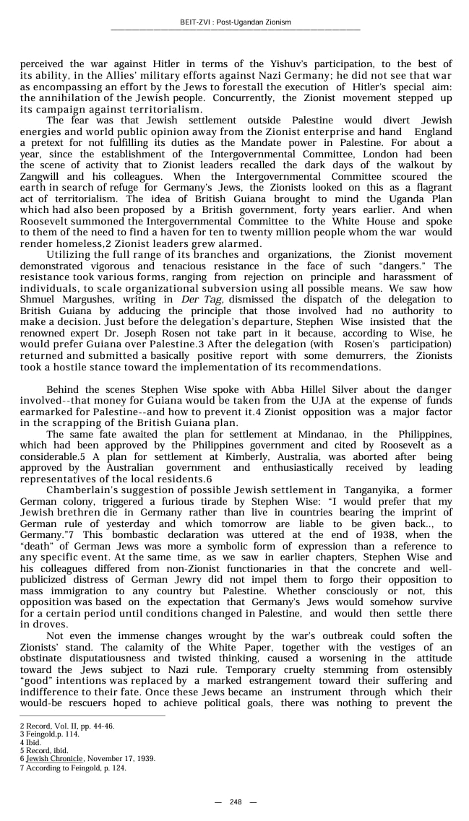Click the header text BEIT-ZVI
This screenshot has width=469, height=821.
[x=197, y=22]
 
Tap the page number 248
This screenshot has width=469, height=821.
[x=236, y=802]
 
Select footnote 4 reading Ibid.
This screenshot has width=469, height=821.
[x=30, y=742]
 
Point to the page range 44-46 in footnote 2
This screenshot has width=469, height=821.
[x=102, y=726]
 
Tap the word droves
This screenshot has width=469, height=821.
[x=41, y=623]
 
